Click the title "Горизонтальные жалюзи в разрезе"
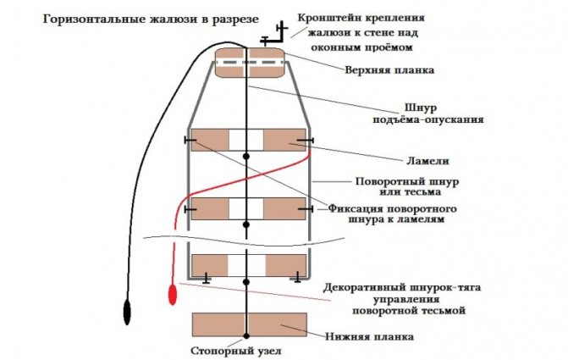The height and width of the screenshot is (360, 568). point(135,19)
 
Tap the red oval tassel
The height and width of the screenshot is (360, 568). point(174,296)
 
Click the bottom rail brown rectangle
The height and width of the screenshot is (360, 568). point(247,324)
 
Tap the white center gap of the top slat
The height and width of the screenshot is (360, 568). point(246,140)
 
